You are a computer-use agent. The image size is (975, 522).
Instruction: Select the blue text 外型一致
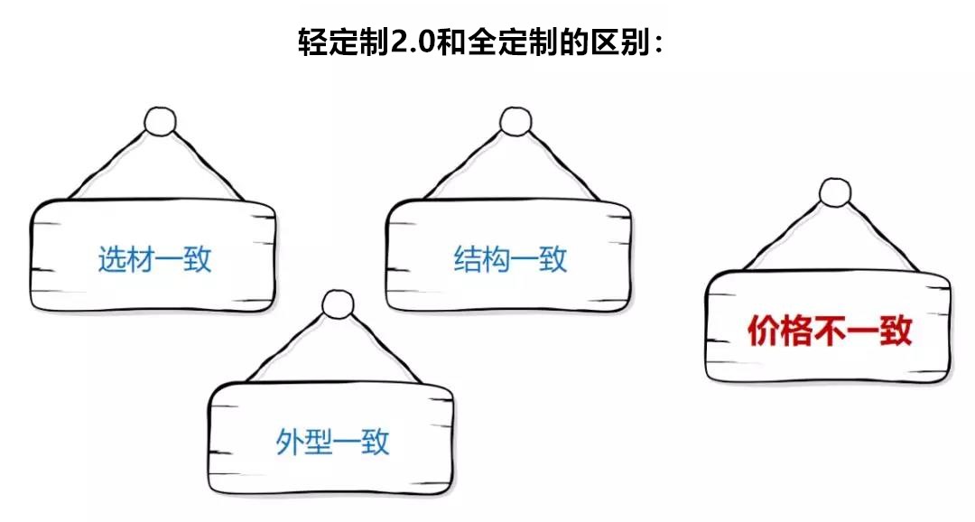tap(332, 443)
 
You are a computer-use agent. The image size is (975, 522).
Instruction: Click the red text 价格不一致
tap(830, 331)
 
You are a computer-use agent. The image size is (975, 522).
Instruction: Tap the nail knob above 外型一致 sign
tap(339, 304)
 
